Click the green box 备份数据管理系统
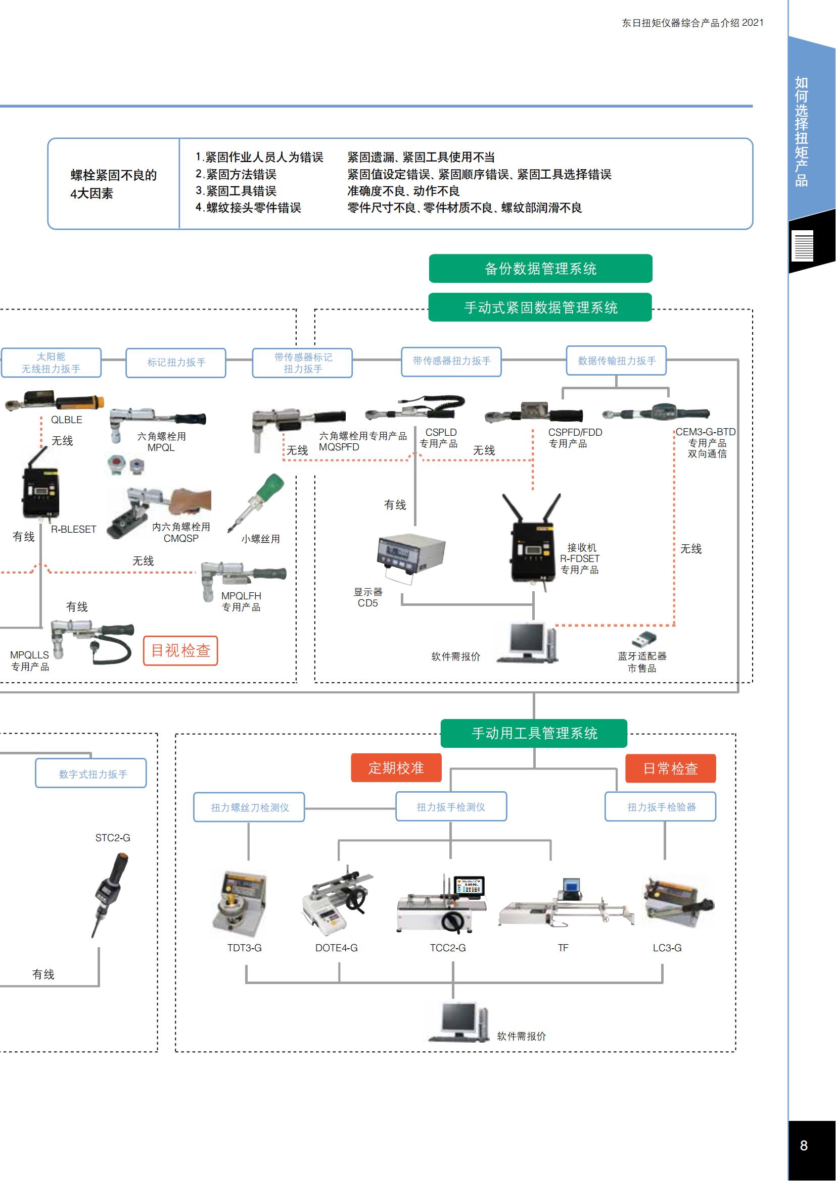click(x=540, y=269)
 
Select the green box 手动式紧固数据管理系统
click(x=540, y=307)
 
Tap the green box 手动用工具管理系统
click(x=534, y=734)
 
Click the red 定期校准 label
click(x=396, y=768)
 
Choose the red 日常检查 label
click(x=670, y=768)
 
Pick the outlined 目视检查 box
click(x=180, y=651)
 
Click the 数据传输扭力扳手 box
click(x=616, y=361)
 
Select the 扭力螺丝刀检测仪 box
click(x=249, y=807)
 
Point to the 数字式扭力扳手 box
click(x=91, y=774)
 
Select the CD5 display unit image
click(x=410, y=556)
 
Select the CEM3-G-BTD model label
click(x=705, y=432)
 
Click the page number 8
click(x=804, y=1146)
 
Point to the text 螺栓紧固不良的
click(x=113, y=175)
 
